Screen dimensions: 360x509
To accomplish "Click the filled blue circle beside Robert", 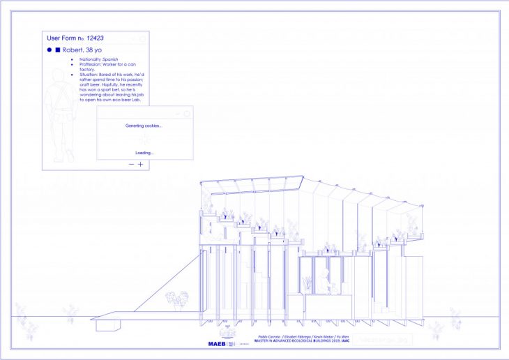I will pos(49,50).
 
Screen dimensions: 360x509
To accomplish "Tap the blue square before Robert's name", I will pos(58,50).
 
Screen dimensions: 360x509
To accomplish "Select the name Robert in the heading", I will pos(74,50).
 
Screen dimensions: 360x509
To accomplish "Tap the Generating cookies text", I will pos(144,126).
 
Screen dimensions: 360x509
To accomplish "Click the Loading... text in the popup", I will pos(144,153).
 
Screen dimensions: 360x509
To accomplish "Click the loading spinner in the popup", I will pos(144,140).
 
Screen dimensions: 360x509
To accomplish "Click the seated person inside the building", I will pos(324,282).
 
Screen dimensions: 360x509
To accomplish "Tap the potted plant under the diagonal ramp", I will pos(174,301).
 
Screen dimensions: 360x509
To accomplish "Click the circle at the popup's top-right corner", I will pos(187,113).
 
